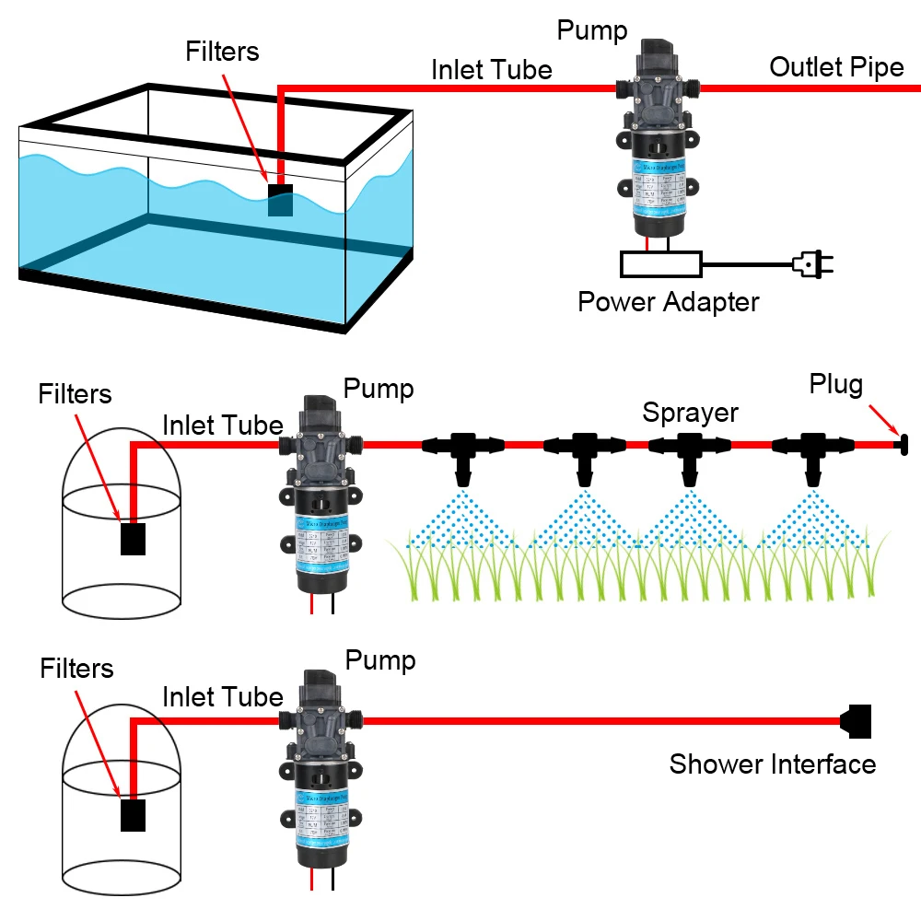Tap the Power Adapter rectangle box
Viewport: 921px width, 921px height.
[x=660, y=264]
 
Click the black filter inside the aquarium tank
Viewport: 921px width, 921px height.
[x=280, y=200]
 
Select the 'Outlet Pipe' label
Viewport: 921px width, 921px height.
[x=836, y=67]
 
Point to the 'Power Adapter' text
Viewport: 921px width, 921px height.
[x=668, y=302]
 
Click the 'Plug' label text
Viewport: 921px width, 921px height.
[x=835, y=384]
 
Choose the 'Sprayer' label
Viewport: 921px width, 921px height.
[x=690, y=412]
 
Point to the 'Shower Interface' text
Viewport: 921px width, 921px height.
[x=772, y=764]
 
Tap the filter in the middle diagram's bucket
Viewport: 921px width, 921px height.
[x=134, y=539]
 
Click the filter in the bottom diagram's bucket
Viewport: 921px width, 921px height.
[x=134, y=815]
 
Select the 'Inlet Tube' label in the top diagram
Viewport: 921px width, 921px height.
[x=492, y=70]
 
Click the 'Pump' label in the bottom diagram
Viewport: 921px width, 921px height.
[x=379, y=660]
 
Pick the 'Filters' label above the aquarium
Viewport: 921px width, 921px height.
[x=223, y=51]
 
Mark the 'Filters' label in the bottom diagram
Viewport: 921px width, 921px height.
[x=76, y=668]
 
